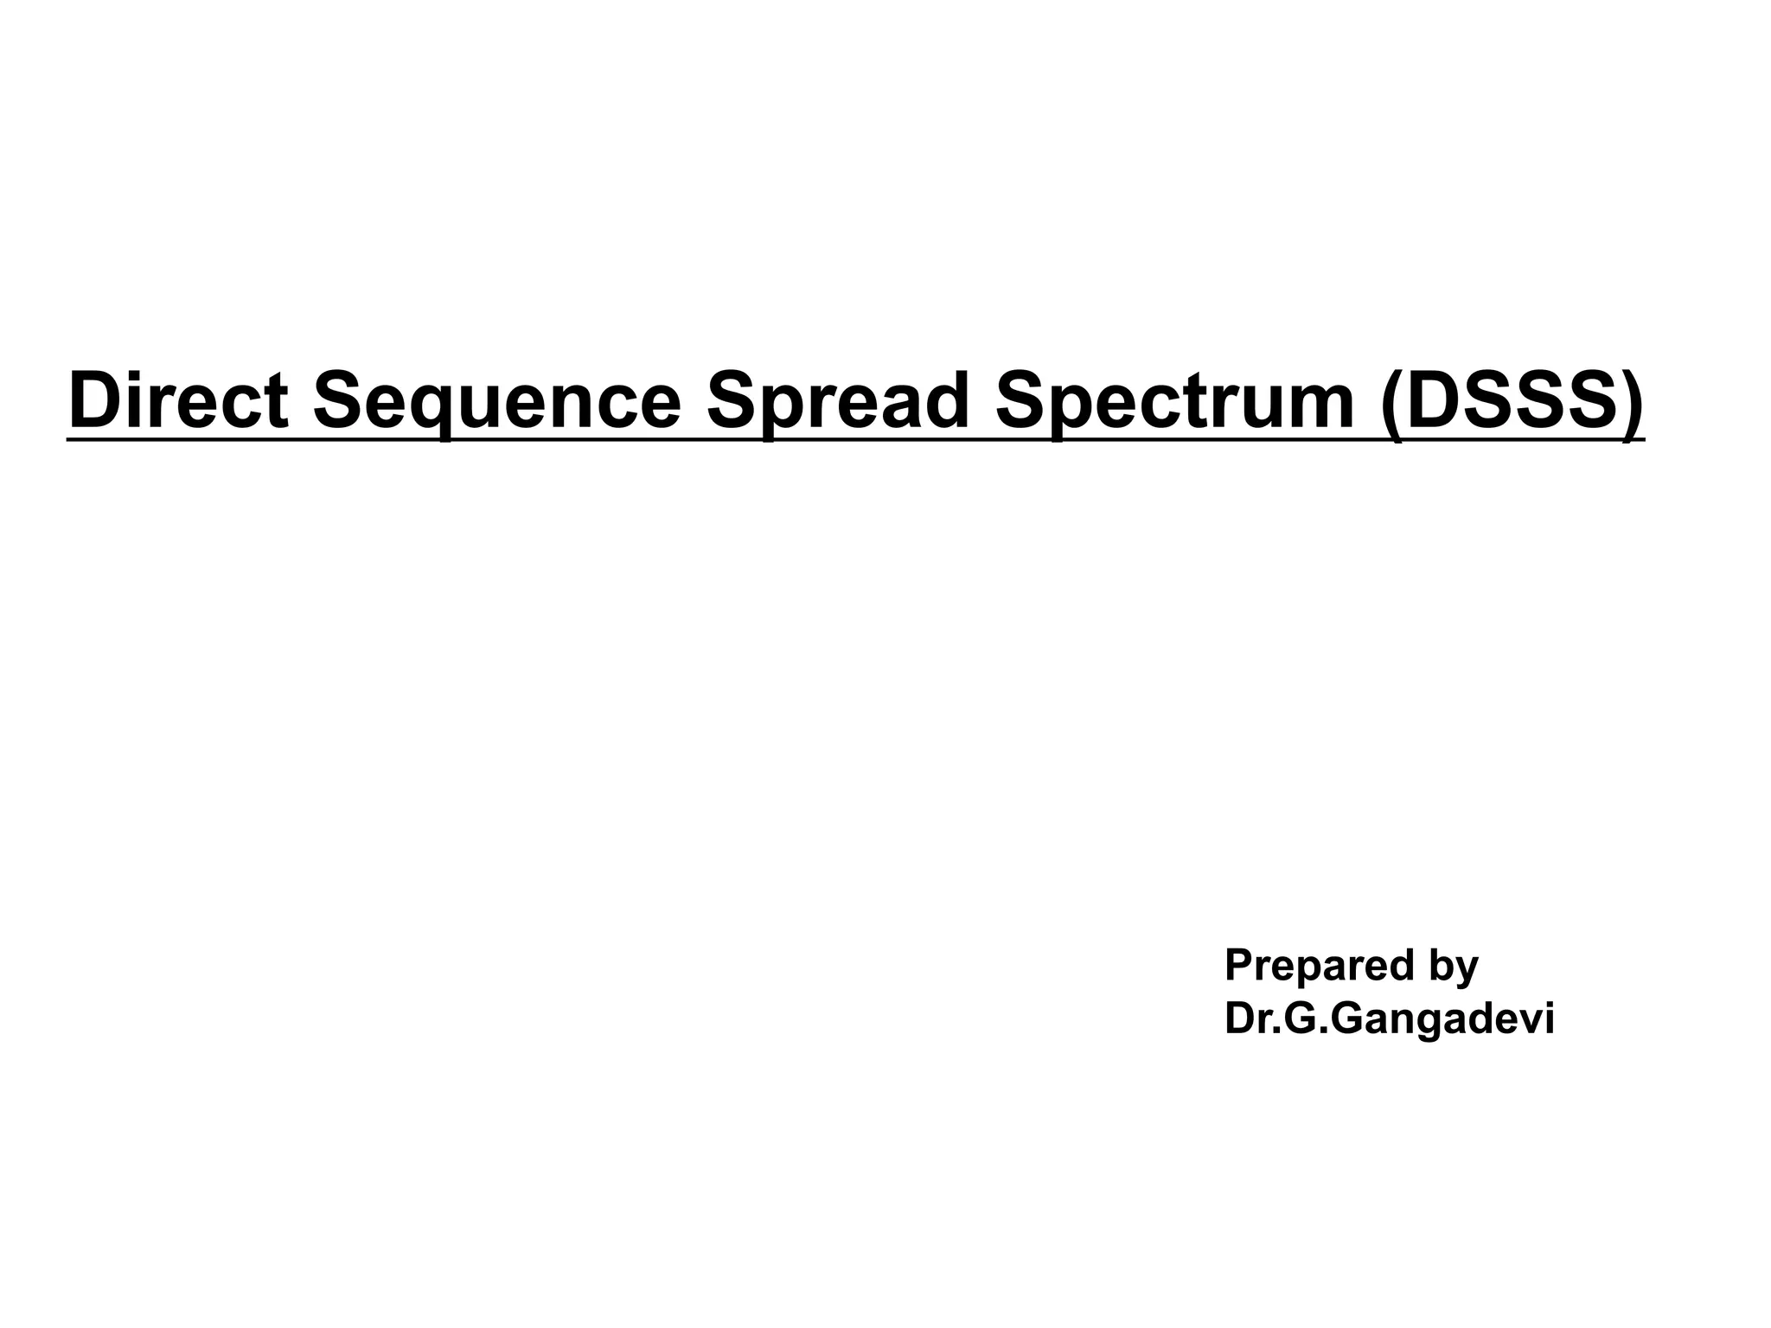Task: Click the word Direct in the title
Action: point(178,399)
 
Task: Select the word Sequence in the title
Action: point(496,399)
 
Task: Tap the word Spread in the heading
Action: point(837,399)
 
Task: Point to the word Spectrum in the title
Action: point(1174,399)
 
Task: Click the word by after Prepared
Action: point(1453,966)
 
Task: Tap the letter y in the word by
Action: point(1467,971)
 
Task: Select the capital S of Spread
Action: point(732,399)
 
